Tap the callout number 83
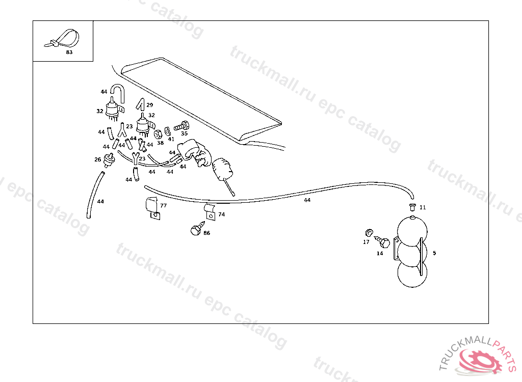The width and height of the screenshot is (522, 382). tap(69, 52)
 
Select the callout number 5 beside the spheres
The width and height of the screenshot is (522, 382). tap(434, 253)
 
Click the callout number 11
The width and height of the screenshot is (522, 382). tap(423, 208)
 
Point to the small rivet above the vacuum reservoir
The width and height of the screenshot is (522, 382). tap(412, 206)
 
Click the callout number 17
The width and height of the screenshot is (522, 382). tap(366, 242)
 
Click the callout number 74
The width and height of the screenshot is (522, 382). tap(221, 214)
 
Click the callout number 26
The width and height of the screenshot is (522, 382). tap(97, 159)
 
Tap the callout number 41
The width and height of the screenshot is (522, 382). tap(171, 139)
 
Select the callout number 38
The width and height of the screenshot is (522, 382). tap(160, 143)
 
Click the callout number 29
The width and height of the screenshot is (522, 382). tap(149, 105)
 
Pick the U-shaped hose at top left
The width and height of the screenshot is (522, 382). tap(117, 93)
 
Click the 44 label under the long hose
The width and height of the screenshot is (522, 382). tap(307, 200)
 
